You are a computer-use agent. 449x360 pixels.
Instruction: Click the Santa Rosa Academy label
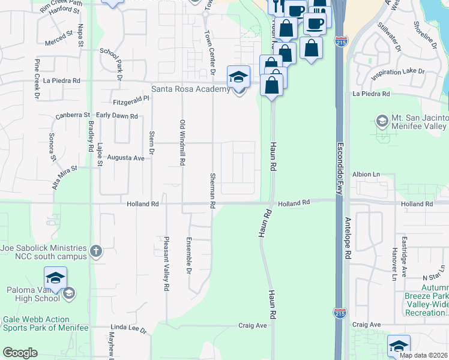click(190, 89)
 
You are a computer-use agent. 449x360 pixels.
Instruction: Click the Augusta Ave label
click(125, 158)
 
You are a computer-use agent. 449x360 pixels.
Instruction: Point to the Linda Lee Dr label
click(128, 331)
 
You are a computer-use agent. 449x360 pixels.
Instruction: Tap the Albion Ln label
click(367, 174)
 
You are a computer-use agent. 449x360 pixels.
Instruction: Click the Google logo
click(20, 353)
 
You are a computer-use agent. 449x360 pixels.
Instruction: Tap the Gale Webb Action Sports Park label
click(46, 323)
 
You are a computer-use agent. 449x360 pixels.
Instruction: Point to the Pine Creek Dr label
click(37, 79)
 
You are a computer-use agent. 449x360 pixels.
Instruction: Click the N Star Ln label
click(432, 277)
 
